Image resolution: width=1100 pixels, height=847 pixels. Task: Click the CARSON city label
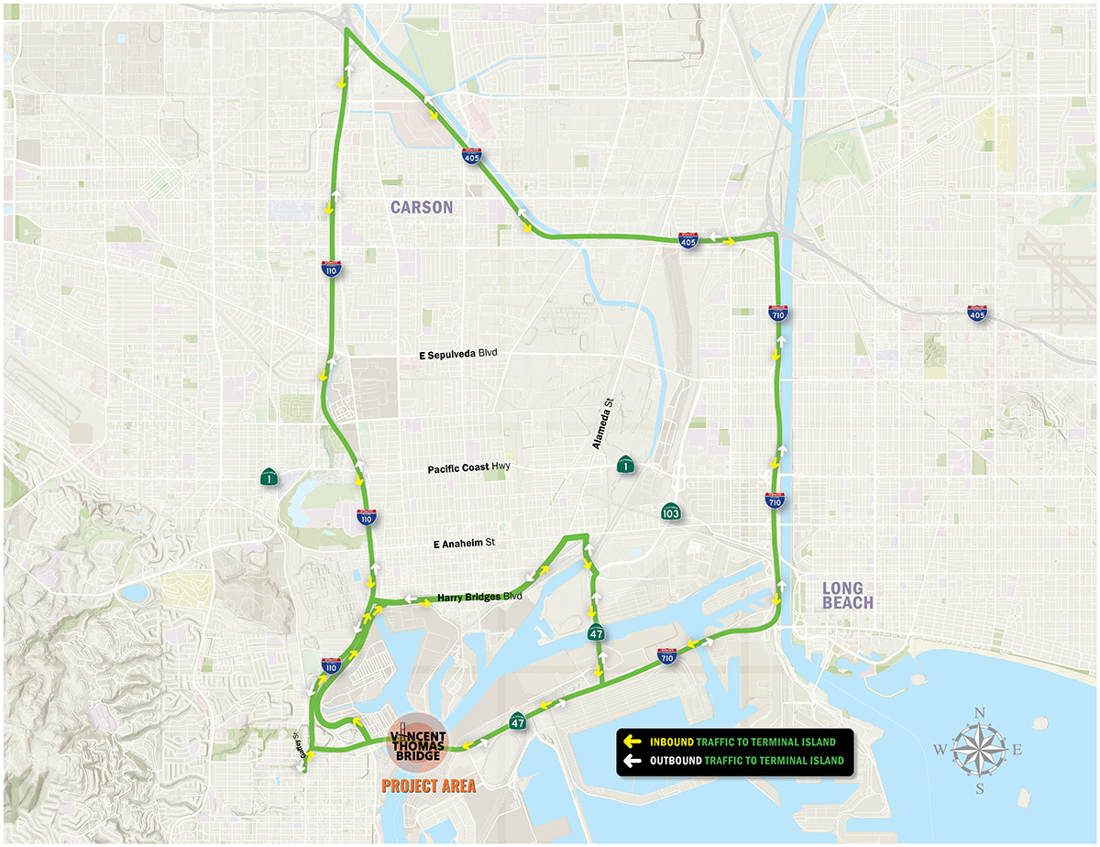pyautogui.click(x=422, y=207)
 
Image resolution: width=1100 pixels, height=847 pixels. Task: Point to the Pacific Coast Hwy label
pyautogui.click(x=467, y=468)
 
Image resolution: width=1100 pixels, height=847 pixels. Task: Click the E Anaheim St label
pyautogui.click(x=464, y=544)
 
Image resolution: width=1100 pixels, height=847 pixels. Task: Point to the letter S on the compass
pyautogui.click(x=979, y=788)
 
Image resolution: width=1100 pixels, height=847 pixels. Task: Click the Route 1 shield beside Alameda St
pyautogui.click(x=624, y=467)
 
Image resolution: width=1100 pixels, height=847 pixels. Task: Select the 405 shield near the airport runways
pyautogui.click(x=978, y=314)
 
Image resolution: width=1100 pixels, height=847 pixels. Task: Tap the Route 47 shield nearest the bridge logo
pyautogui.click(x=518, y=722)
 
